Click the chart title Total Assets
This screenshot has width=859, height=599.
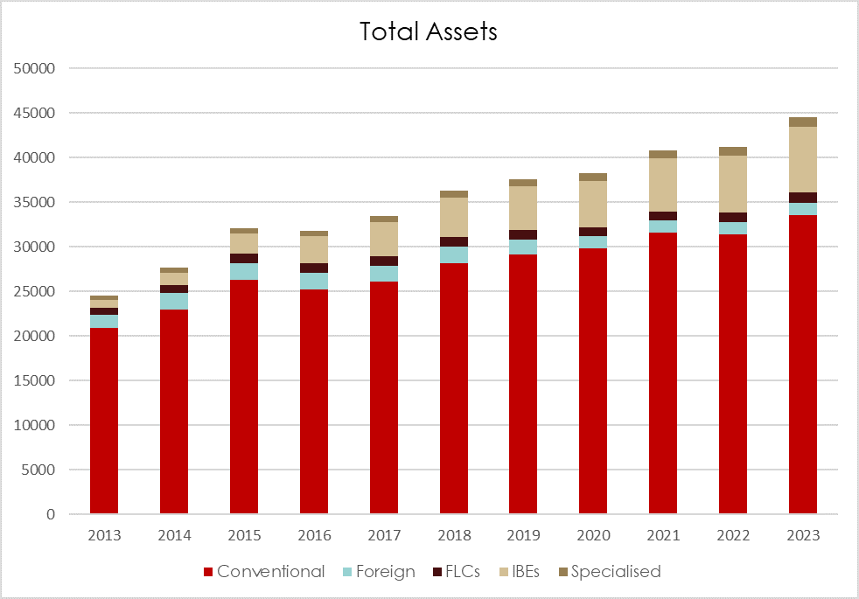point(429,32)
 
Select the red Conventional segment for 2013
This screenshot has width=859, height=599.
point(104,420)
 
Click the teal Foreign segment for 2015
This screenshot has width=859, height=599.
point(244,271)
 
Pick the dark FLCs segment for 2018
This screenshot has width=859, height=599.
point(453,241)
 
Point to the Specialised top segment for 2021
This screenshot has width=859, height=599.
point(662,154)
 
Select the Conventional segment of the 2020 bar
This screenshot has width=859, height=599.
point(593,380)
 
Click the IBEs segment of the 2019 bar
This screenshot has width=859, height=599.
point(523,208)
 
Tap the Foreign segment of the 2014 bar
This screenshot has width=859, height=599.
point(174,301)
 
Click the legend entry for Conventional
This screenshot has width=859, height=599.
point(263,572)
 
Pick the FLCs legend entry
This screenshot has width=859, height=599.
point(460,572)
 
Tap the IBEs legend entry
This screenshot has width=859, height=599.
point(522,572)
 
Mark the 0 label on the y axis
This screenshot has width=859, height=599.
point(51,514)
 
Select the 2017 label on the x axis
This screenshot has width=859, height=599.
point(383,535)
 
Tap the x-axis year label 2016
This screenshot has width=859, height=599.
point(313,535)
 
